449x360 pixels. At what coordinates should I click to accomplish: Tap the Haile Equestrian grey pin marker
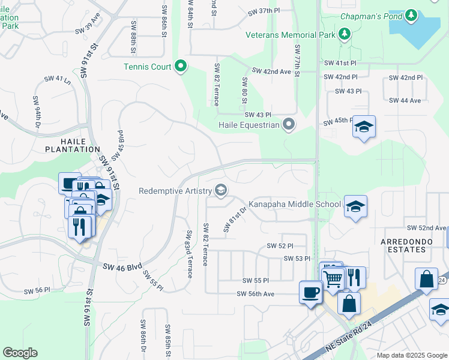(289, 125)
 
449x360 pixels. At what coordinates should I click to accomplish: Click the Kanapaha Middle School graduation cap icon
(356, 206)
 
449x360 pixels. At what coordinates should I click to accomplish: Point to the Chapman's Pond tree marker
(411, 16)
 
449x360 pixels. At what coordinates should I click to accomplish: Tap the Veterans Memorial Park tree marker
(345, 35)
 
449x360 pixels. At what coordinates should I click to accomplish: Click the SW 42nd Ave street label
(271, 71)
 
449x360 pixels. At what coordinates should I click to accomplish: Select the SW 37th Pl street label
(264, 11)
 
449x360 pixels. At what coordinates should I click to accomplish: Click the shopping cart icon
(332, 277)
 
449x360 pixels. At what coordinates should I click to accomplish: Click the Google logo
(20, 353)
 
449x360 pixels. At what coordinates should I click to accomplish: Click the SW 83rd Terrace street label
(189, 254)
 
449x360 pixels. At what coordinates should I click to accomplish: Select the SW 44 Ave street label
(405, 100)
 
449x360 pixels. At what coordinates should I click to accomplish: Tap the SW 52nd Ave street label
(426, 228)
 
